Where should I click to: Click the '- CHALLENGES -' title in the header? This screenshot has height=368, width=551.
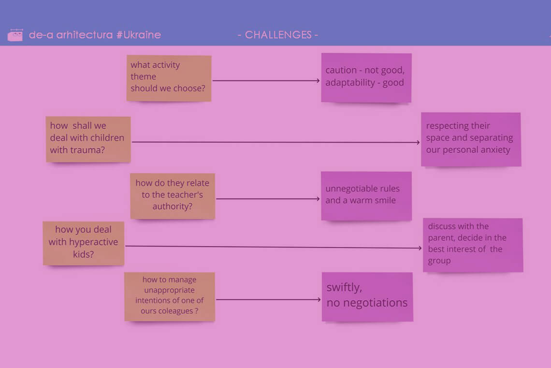point(278,35)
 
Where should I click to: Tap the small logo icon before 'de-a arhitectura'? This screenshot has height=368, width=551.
point(15,35)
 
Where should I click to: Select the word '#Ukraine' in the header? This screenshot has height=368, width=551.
point(139,35)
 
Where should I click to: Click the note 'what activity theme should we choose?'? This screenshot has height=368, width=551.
point(169,78)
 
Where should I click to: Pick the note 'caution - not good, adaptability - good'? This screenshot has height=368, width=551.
point(366,77)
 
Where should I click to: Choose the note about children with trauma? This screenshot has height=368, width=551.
point(88,139)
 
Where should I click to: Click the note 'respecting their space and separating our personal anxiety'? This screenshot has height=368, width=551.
point(470,139)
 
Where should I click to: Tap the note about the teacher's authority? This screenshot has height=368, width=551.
point(173,196)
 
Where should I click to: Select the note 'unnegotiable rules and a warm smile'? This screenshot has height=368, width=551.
point(366,195)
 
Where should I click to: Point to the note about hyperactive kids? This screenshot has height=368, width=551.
point(83,243)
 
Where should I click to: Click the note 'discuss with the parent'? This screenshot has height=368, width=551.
point(472,245)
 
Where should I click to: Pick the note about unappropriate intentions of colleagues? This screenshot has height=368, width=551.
point(169,296)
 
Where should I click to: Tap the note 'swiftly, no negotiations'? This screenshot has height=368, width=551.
point(367,296)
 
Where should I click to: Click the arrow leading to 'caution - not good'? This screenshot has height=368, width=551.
point(266,81)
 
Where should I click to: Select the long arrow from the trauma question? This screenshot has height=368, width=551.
point(275,142)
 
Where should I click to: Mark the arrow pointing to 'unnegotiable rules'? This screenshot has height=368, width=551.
point(268,199)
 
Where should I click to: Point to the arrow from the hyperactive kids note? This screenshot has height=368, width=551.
point(273,247)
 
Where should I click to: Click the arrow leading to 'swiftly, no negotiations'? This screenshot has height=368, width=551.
point(268,300)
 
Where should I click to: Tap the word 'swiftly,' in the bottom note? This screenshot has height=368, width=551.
point(344,288)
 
